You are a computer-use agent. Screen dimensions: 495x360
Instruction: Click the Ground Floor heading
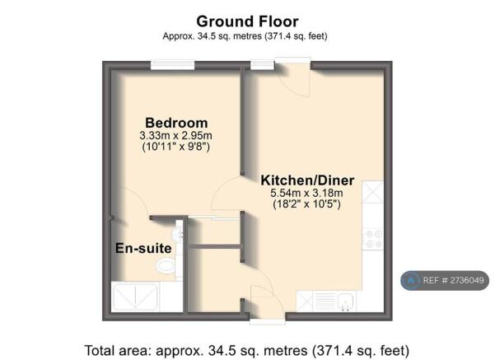pos(247,21)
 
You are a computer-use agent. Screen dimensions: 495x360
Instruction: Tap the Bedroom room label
pos(176,123)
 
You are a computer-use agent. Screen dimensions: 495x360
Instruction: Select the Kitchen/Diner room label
pos(307,180)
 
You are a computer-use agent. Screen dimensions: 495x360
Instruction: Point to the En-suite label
pos(143,248)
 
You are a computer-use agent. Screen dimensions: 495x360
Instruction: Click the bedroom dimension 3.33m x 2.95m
pos(175,136)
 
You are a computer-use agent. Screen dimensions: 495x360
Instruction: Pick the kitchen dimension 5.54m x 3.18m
pos(306,193)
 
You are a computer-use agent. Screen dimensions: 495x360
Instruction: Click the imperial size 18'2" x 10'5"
pos(306,204)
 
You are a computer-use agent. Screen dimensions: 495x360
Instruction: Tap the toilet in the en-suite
pos(166,266)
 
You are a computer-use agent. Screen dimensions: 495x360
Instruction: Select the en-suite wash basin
pos(178,234)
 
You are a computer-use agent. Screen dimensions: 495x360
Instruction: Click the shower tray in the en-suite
pos(135,297)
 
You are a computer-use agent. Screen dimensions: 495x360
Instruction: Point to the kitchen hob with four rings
pos(372,239)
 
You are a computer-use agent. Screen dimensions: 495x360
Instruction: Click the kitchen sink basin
pos(345,302)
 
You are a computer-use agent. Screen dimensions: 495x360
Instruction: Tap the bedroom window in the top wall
pos(172,65)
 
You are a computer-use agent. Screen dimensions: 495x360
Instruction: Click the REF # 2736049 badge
pos(445,280)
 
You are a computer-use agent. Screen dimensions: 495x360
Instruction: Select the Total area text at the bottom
pos(247,351)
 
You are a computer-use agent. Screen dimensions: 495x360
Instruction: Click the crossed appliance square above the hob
pos(372,192)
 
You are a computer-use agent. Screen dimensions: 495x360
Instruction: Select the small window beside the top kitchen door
pos(263,65)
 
